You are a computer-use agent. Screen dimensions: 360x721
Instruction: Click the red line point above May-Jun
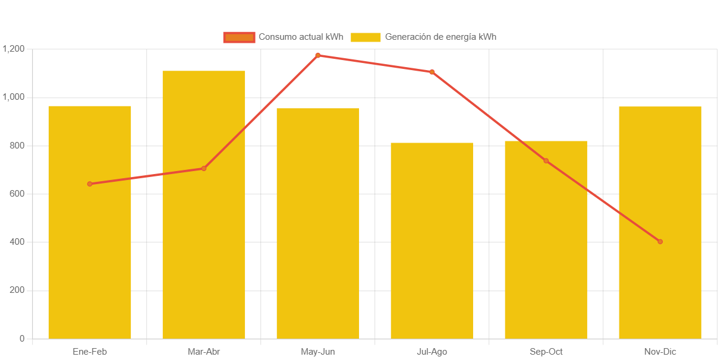[318, 55]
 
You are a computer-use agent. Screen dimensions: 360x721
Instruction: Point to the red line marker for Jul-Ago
[432, 72]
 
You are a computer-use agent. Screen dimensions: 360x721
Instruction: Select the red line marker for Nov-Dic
[660, 242]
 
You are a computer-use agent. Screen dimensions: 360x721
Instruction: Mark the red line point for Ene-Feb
[90, 184]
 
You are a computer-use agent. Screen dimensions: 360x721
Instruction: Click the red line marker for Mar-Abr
[204, 169]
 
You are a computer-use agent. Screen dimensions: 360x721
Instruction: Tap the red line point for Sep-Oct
[546, 161]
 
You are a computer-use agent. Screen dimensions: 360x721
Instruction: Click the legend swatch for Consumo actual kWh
[239, 37]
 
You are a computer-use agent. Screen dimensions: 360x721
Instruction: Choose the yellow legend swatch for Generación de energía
[366, 37]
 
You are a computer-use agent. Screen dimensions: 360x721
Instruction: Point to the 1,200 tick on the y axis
[13, 49]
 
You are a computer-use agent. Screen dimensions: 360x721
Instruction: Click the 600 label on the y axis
[17, 194]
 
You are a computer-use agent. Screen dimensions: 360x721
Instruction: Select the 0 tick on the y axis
[22, 339]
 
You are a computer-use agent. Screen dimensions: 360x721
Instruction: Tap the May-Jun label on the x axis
[318, 352]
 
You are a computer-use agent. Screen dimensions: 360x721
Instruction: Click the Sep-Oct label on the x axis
[546, 352]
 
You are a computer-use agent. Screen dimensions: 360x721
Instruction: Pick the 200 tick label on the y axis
[17, 290]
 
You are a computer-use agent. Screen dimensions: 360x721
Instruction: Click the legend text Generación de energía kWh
[440, 37]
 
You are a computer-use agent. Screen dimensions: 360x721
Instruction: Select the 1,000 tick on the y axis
[13, 97]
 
